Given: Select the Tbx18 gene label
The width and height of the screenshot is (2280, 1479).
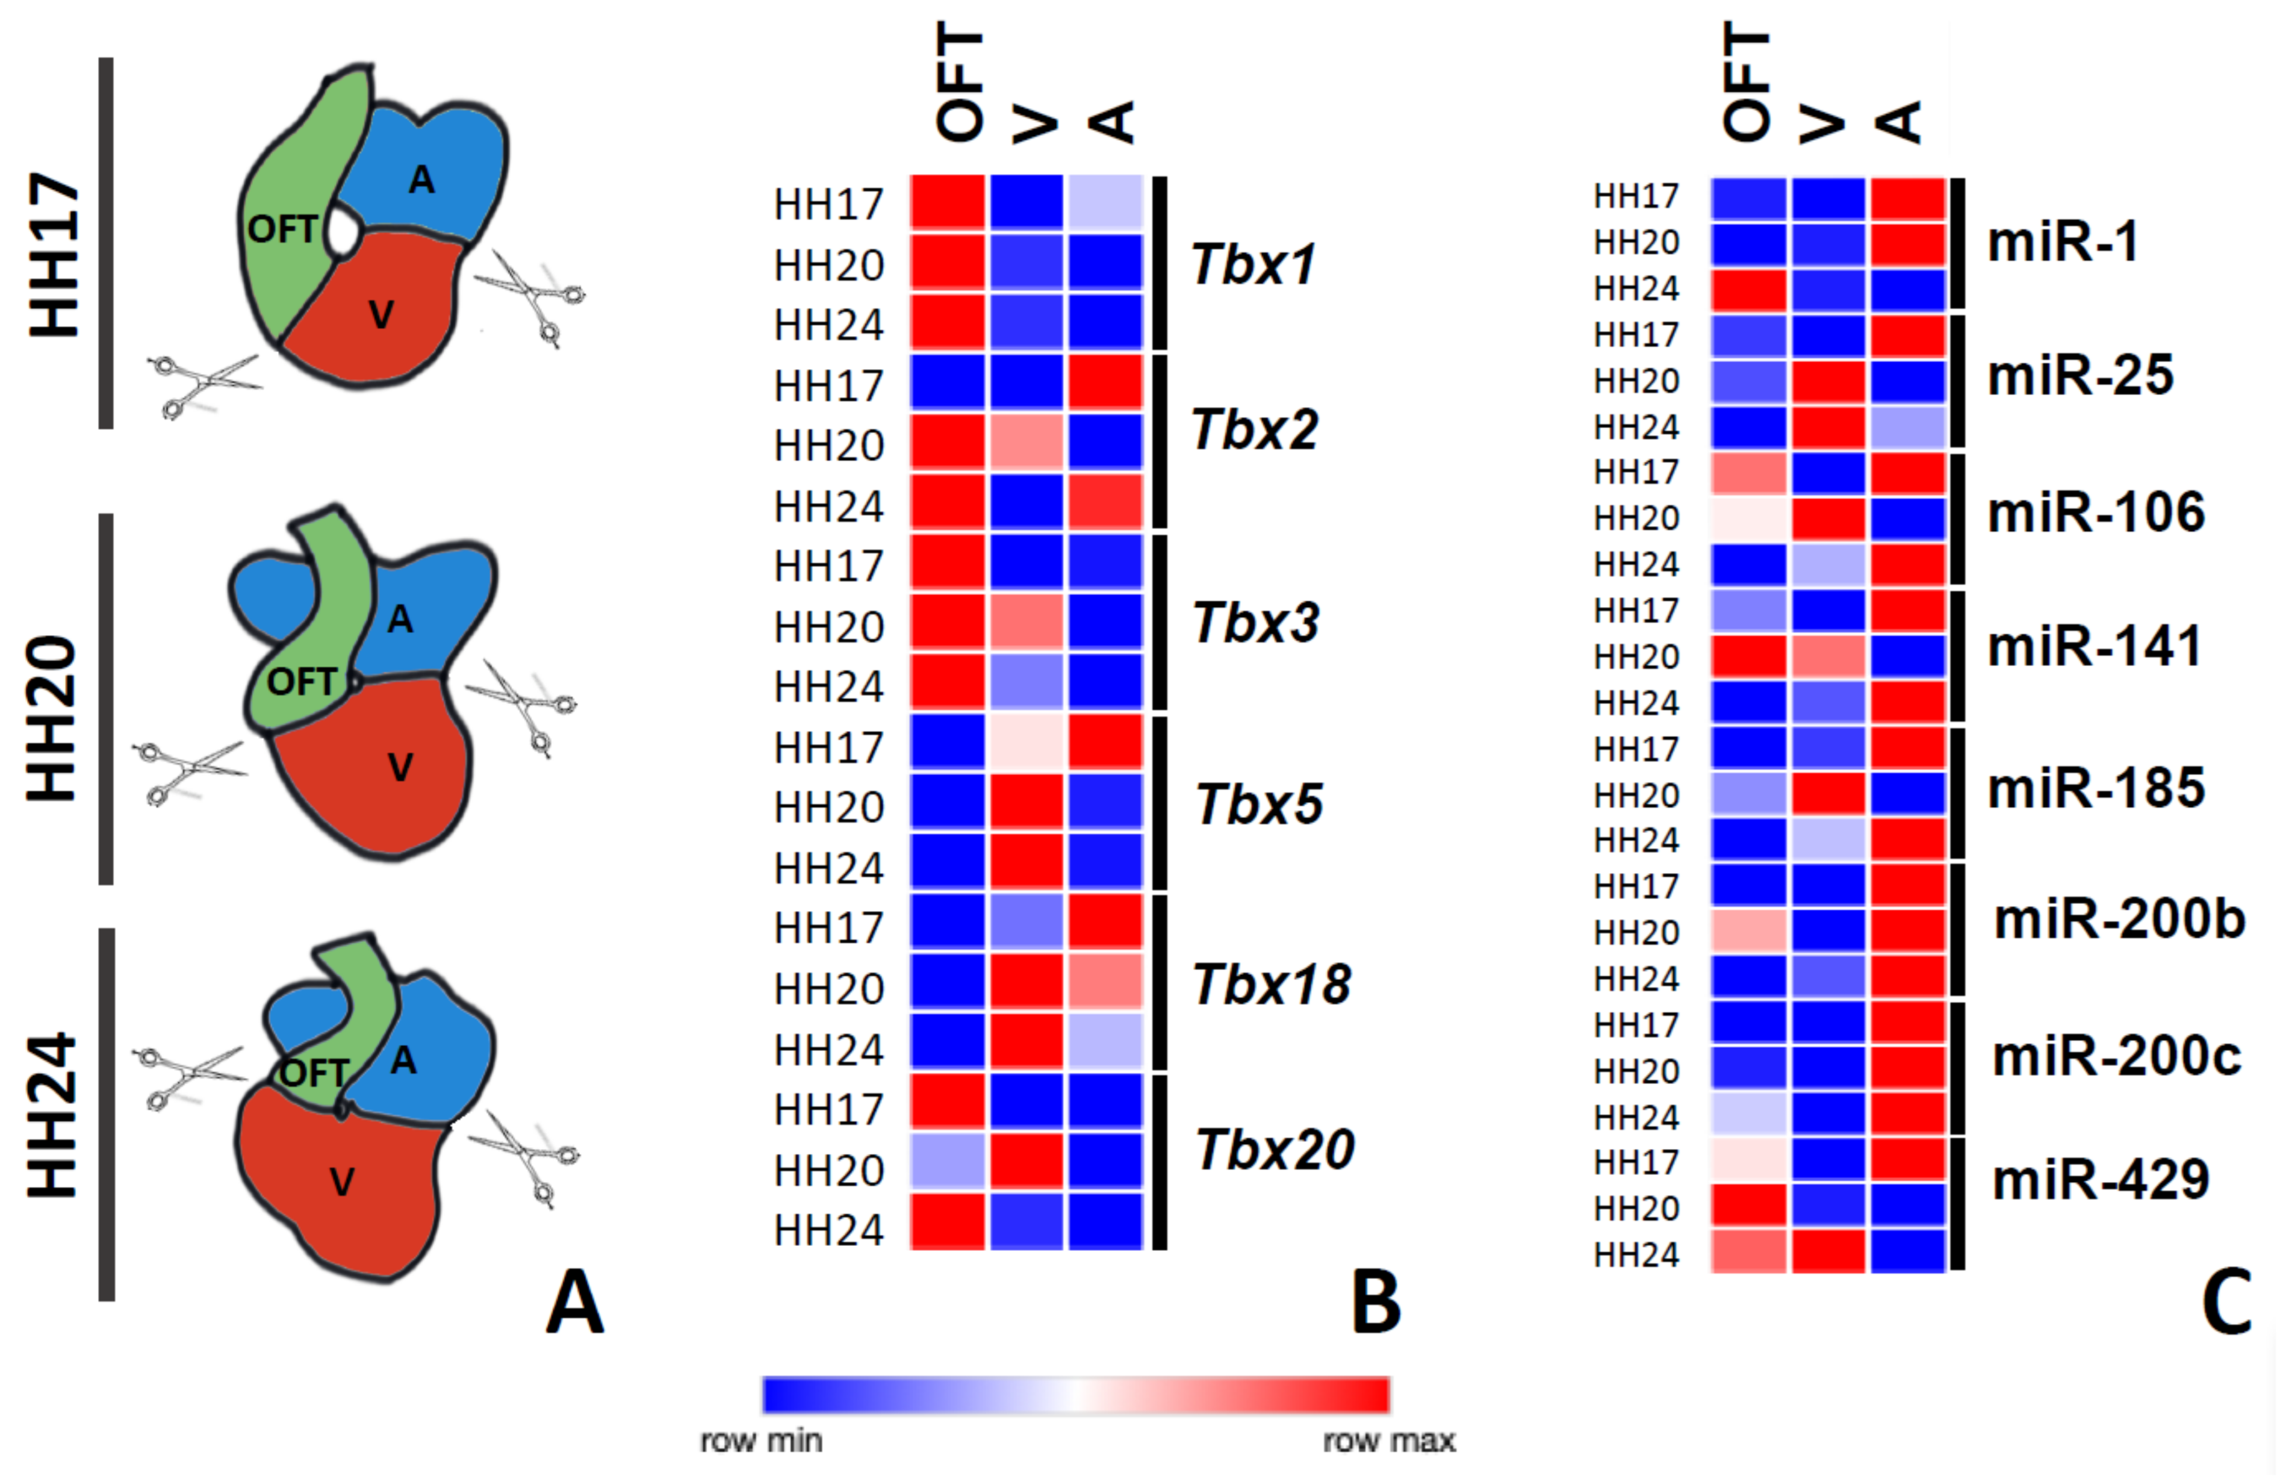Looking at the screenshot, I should point(1271,984).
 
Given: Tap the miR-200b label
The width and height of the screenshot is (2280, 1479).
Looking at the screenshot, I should point(2119,920).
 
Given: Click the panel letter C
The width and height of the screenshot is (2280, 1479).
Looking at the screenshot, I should point(2226,1303).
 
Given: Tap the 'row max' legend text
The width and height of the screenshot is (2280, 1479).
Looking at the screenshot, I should point(1388,1440).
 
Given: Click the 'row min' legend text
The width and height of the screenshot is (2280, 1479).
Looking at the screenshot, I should point(762,1440).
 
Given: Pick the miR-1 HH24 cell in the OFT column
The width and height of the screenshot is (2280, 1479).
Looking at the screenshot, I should point(1748,289).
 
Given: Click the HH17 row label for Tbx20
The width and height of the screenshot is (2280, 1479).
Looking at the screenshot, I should point(828,1109).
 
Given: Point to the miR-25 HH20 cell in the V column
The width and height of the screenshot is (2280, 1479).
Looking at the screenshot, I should point(1828,381).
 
